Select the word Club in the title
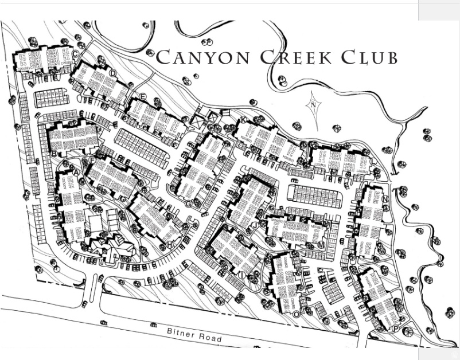pos(368,57)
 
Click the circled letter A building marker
pos(75,173)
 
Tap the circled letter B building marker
pos(54,154)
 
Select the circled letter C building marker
pos(75,53)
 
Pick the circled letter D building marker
pos(112,73)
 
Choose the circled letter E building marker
pos(142,96)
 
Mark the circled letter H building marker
pos(170,245)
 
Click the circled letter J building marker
pos(254,225)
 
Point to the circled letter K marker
pos(243,119)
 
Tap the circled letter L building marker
pos(373,162)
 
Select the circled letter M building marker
pos(321,245)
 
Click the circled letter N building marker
pos(386,199)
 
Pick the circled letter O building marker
pos(296,314)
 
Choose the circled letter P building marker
pos(395,328)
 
